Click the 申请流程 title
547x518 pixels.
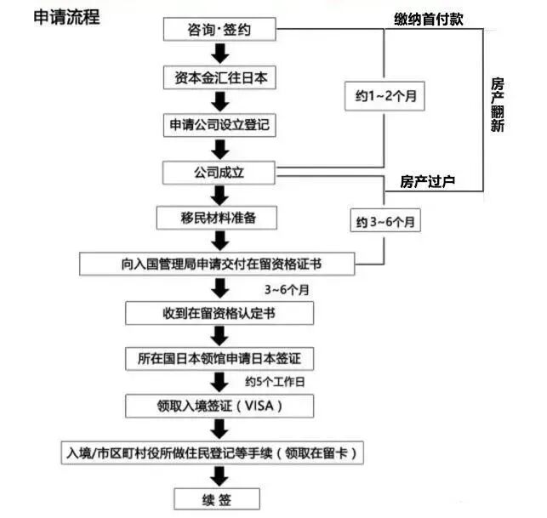click(x=66, y=17)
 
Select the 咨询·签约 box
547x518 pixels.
click(x=220, y=31)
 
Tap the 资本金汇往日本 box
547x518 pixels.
click(x=220, y=77)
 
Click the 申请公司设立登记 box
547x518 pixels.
click(x=220, y=124)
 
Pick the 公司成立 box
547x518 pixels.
click(x=220, y=173)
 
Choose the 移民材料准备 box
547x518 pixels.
click(x=219, y=218)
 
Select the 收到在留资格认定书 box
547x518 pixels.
click(x=219, y=313)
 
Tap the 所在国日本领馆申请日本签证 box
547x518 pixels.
click(x=219, y=357)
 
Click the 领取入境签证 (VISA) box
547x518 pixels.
click(x=219, y=406)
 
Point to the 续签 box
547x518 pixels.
click(x=219, y=498)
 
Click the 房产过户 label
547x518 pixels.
click(x=428, y=180)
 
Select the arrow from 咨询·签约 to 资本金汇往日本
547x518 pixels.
click(x=220, y=54)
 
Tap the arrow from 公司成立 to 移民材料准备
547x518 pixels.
click(x=220, y=195)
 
